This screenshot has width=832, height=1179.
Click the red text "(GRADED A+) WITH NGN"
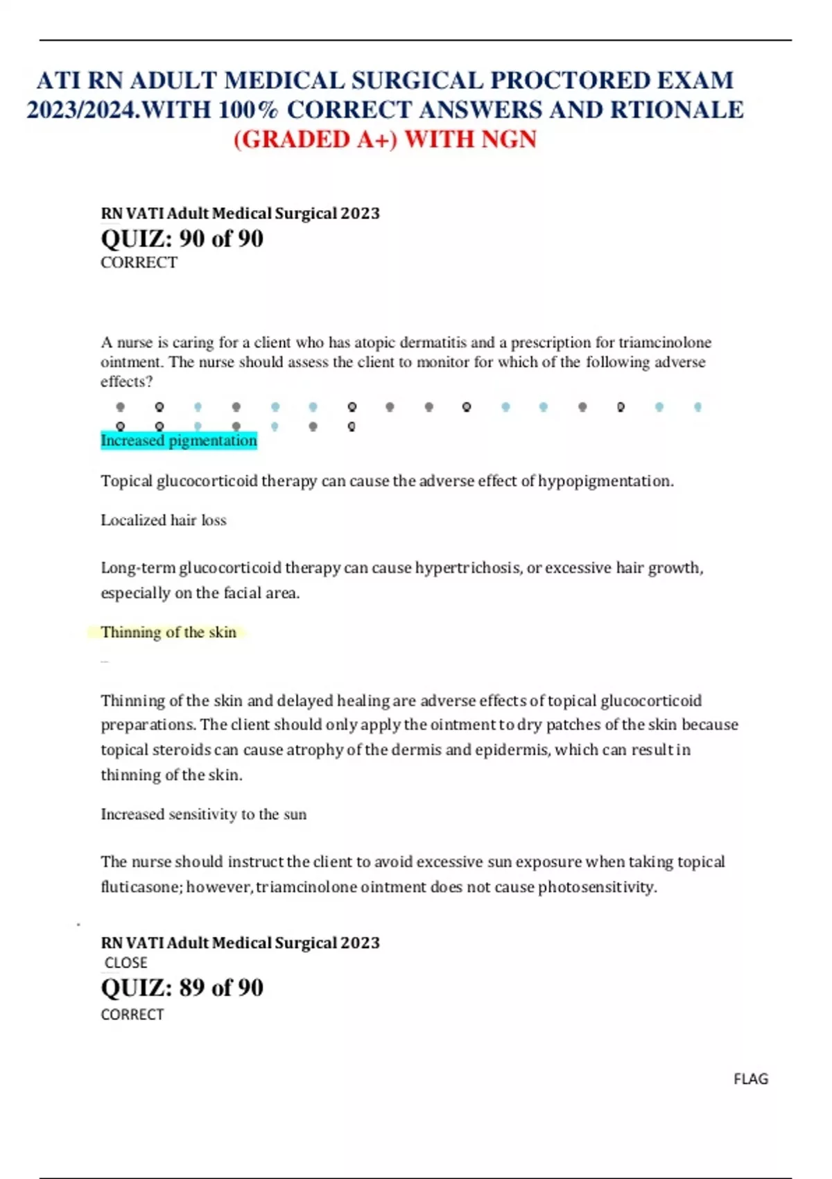[385, 139]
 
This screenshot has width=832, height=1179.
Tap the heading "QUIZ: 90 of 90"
[182, 239]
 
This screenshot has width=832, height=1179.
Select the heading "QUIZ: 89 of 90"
[182, 988]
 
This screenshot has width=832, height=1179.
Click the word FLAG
[751, 1079]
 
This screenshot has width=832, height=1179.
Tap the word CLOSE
[125, 963]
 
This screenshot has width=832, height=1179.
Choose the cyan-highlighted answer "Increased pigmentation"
[179, 440]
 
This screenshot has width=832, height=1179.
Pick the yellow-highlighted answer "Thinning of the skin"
[168, 632]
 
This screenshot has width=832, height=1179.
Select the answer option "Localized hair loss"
[164, 520]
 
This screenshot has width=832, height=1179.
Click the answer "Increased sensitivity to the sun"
[203, 814]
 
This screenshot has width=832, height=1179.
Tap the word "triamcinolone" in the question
[664, 343]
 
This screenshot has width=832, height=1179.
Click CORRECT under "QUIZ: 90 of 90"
[139, 263]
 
